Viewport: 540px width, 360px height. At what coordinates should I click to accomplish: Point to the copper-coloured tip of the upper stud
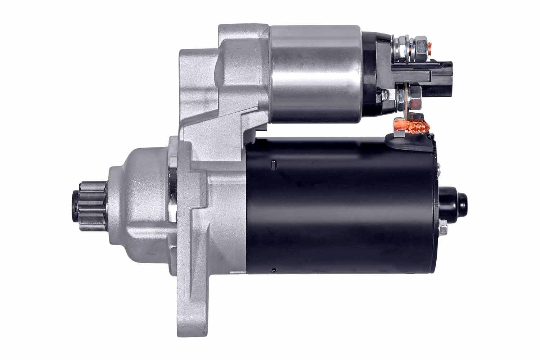[431, 46]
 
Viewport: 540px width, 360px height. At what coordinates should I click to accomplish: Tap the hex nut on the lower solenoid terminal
[414, 98]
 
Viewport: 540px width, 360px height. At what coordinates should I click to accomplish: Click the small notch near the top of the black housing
[273, 165]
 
